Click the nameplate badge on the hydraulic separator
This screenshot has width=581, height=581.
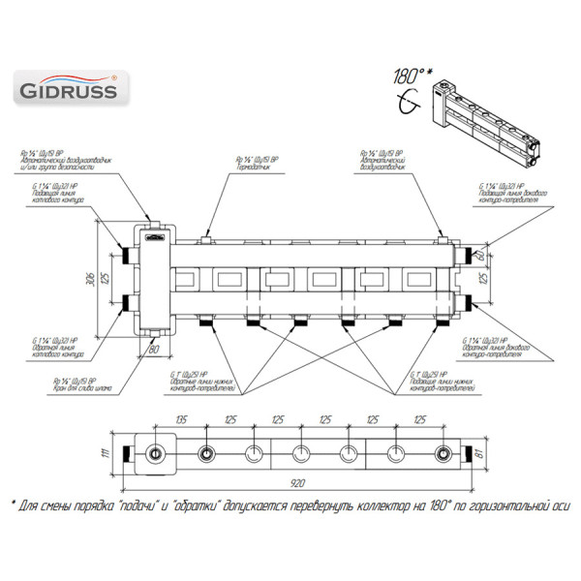pos(155,233)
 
